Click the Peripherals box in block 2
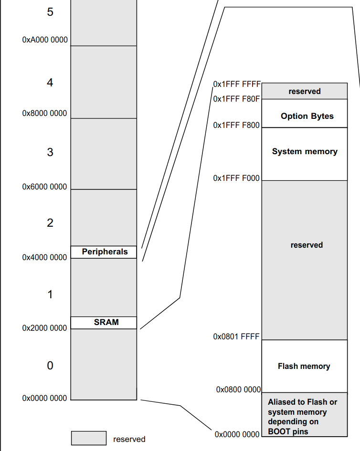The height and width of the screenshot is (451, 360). [x=104, y=252]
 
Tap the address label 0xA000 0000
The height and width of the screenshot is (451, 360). [x=45, y=40]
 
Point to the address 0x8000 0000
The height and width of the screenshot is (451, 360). [x=45, y=114]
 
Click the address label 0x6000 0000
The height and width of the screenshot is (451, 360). [x=45, y=187]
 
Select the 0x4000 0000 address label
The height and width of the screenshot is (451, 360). [x=45, y=257]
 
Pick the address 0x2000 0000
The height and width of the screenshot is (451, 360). [x=45, y=328]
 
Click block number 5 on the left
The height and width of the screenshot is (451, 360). [x=50, y=12]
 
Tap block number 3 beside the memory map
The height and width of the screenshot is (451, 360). [x=50, y=153]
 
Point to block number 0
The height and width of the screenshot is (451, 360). [x=50, y=366]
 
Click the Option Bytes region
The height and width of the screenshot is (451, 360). [x=307, y=116]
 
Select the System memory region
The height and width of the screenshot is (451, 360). [x=305, y=152]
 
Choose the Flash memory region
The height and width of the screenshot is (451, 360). [x=304, y=367]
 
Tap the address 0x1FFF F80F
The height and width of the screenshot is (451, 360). [x=236, y=99]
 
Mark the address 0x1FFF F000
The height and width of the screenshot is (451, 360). [x=236, y=178]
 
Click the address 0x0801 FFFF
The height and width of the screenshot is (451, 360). [x=236, y=336]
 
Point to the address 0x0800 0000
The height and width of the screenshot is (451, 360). [x=238, y=389]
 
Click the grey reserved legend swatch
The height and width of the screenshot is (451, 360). [x=89, y=438]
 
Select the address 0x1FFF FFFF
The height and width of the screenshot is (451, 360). [x=237, y=84]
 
